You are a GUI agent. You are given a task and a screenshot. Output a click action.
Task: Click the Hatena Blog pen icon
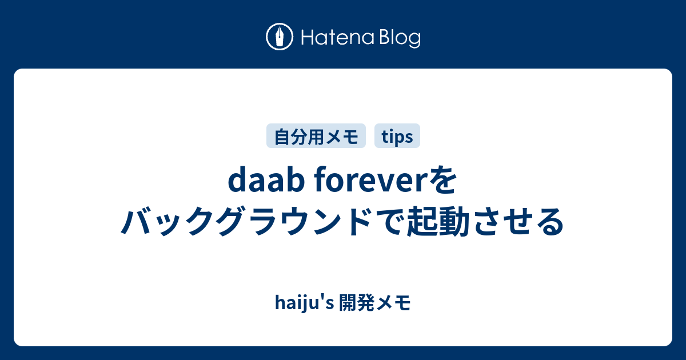tap(280, 37)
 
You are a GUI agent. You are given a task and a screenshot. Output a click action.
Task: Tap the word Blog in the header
tap(398, 38)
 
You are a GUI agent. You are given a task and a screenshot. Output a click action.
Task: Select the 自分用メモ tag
tap(316, 137)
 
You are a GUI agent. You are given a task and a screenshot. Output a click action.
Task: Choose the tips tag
tap(397, 137)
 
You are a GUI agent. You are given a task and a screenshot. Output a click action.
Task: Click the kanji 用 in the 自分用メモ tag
tap(316, 137)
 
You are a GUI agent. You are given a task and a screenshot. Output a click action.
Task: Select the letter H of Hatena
tap(306, 38)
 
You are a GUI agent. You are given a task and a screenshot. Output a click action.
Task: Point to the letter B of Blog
tap(381, 38)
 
